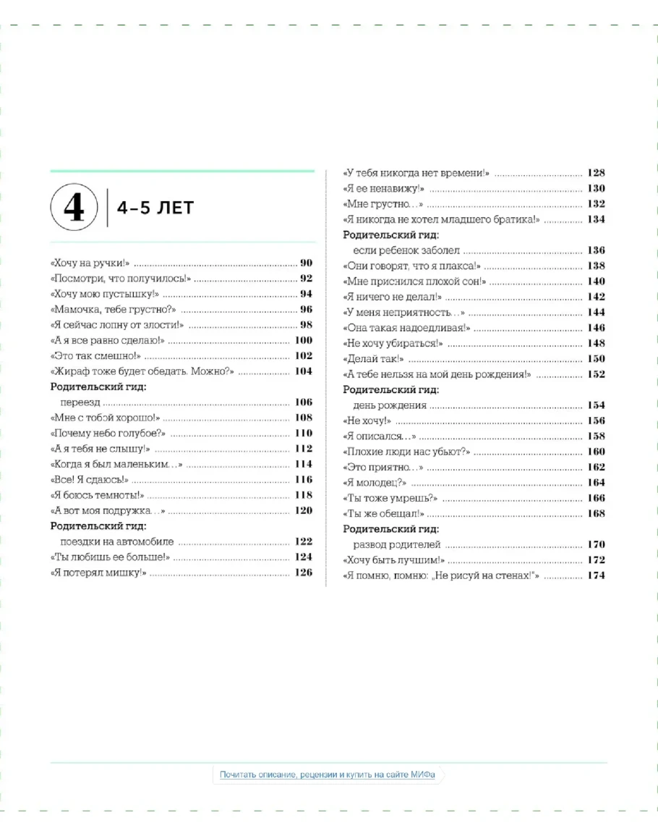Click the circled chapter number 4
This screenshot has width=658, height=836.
pos(74,208)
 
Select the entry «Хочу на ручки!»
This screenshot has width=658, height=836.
pos(90,263)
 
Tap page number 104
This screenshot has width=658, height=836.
pos(303,371)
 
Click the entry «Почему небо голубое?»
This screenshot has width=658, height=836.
pos(108,434)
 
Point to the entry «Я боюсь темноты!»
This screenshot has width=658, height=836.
pos(98,496)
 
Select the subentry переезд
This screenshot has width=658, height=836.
pos(81,402)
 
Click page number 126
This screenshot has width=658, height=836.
pos(303,573)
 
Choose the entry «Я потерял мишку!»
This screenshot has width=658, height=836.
pos(99,573)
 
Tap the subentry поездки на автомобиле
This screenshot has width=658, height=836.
pos(117,541)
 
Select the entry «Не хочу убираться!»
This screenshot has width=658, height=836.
pos(393,343)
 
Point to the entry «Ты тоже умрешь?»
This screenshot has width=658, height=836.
pos(391,498)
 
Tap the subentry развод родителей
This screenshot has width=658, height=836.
pos(396,544)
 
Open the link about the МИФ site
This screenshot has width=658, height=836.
pos(328,774)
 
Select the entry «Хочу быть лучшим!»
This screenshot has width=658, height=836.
pos(393,560)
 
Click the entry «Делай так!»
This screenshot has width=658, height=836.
pos(373,359)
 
